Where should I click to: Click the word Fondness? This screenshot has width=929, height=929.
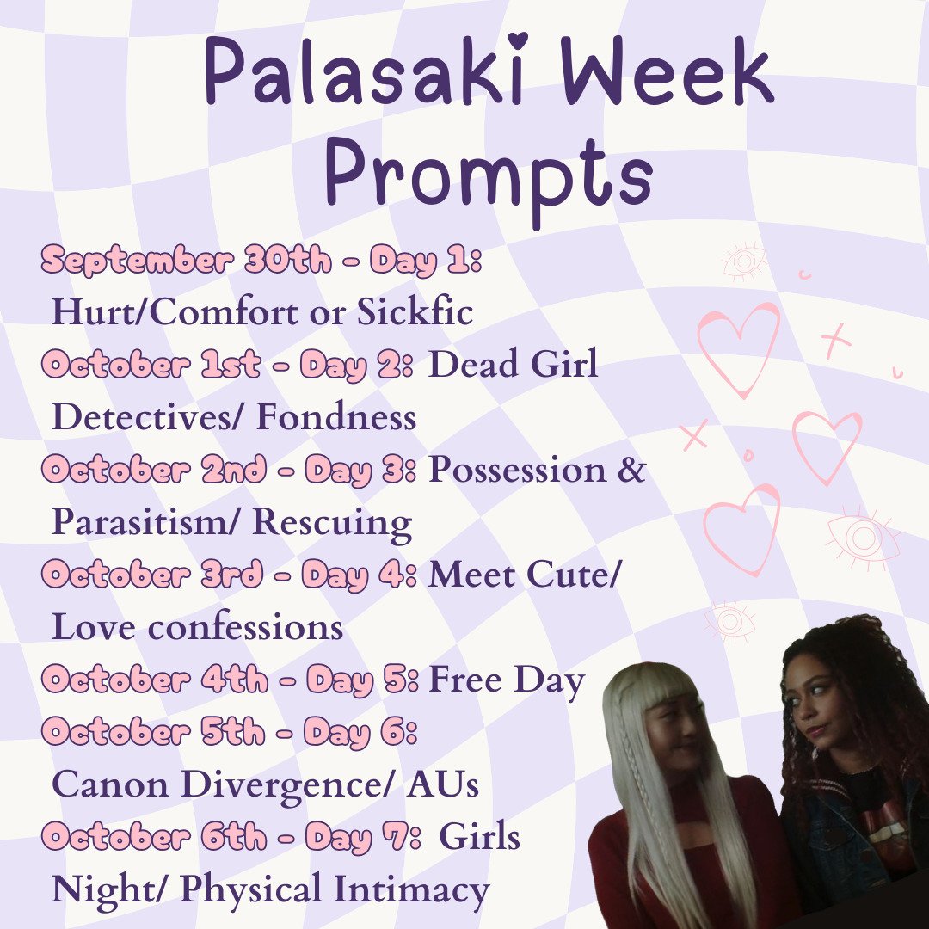(x=336, y=418)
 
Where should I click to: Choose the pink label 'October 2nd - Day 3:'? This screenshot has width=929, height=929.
(x=229, y=471)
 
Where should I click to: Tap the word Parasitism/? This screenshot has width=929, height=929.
(x=146, y=523)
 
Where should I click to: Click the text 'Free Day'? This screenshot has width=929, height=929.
(x=507, y=680)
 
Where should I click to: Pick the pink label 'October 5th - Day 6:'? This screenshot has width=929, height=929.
(x=229, y=733)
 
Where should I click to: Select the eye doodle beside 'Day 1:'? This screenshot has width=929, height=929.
(x=743, y=261)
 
